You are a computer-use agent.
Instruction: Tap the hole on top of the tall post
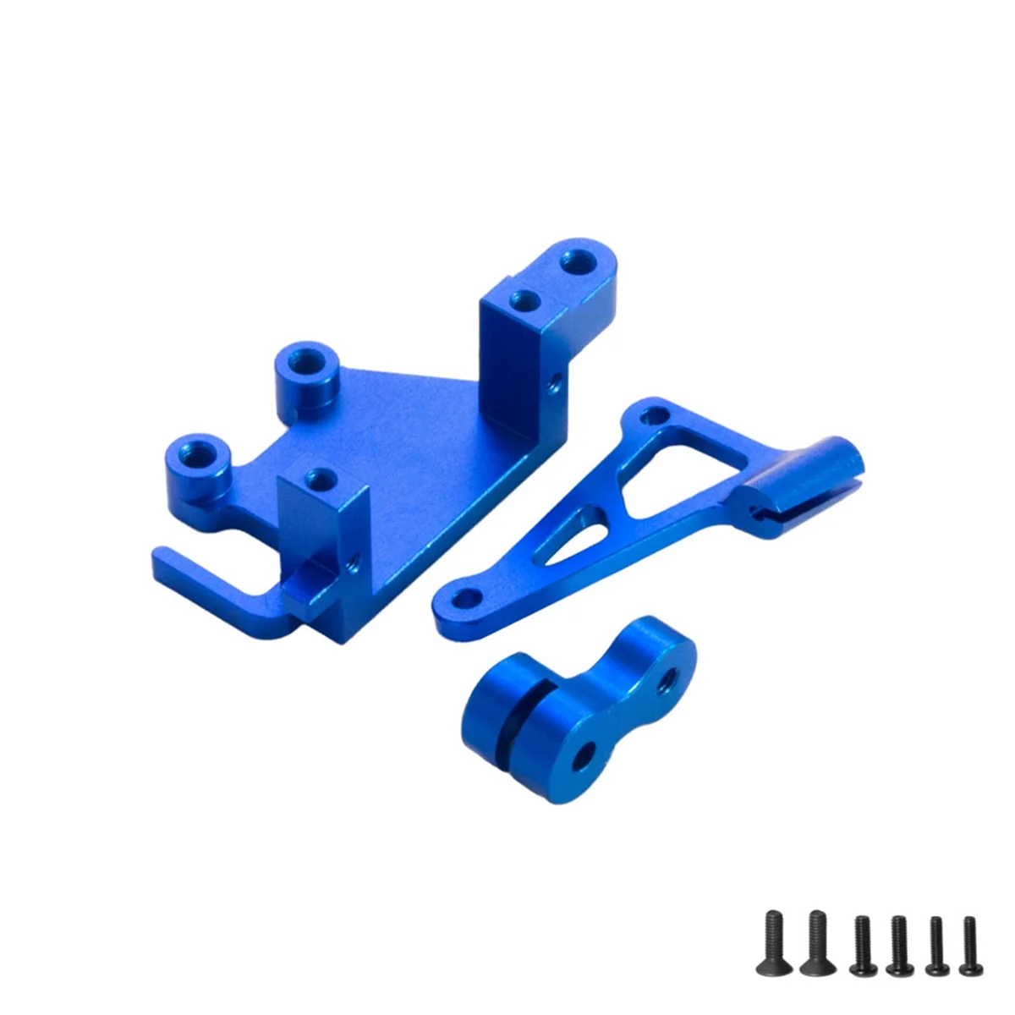click(524, 299)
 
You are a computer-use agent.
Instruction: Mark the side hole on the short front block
click(353, 559)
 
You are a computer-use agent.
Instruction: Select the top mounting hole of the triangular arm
click(650, 415)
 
